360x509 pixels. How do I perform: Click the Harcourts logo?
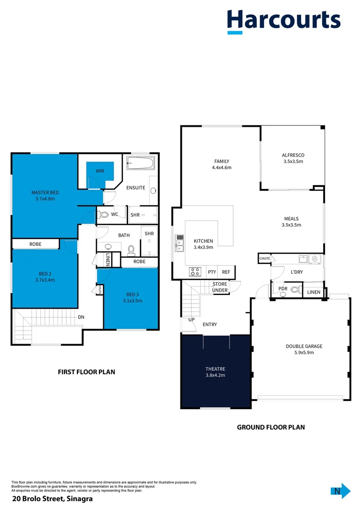pyautogui.click(x=284, y=21)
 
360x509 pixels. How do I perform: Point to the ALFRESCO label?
pyautogui.click(x=293, y=155)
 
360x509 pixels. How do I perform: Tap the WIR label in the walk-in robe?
pyautogui.click(x=100, y=171)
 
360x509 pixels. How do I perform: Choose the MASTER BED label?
pyautogui.click(x=45, y=192)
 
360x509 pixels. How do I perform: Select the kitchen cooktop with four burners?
pyautogui.click(x=195, y=272)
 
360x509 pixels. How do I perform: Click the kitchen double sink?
pyautogui.click(x=180, y=244)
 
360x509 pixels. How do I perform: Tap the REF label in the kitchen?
pyautogui.click(x=226, y=272)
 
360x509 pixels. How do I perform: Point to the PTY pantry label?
pyautogui.click(x=212, y=272)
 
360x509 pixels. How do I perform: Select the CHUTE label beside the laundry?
pyautogui.click(x=264, y=258)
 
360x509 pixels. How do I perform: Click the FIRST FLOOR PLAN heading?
pyautogui.click(x=86, y=372)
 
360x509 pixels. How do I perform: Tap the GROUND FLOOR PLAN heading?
pyautogui.click(x=270, y=427)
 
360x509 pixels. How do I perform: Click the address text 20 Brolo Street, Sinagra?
pyautogui.click(x=52, y=499)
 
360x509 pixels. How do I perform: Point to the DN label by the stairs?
pyautogui.click(x=81, y=317)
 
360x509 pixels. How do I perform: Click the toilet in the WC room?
pyautogui.click(x=104, y=215)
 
